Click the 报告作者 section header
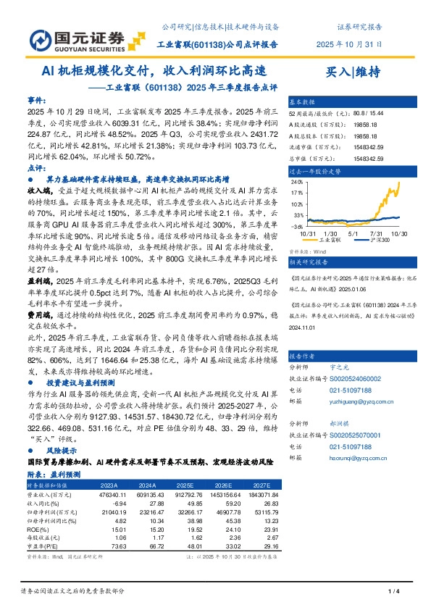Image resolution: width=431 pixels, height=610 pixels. pyautogui.click(x=302, y=356)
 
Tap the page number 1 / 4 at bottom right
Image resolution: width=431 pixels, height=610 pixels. pyautogui.click(x=394, y=593)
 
